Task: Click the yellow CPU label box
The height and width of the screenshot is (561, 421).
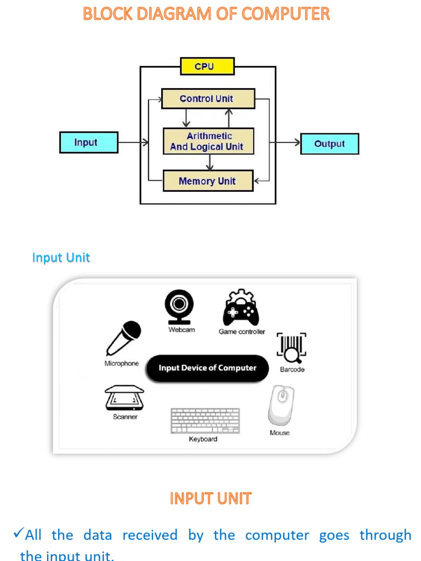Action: (x=207, y=66)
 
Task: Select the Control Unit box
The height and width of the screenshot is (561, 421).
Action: (x=208, y=99)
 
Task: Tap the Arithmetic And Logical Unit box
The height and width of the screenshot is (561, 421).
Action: (x=208, y=141)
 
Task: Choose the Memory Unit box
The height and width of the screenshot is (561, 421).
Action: (x=208, y=181)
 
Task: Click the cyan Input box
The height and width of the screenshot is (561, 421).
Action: (x=88, y=142)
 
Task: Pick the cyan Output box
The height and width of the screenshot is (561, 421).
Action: (x=329, y=144)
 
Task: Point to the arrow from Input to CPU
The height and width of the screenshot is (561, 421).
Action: (x=133, y=142)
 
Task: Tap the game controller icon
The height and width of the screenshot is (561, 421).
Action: (x=241, y=308)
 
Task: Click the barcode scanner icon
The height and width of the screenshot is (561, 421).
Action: (x=292, y=348)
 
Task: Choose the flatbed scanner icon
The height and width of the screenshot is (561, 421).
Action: (x=124, y=398)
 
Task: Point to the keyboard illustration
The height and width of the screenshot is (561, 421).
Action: (x=205, y=421)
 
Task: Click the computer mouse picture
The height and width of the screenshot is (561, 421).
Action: (x=280, y=405)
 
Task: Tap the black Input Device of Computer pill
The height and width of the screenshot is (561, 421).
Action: (x=207, y=368)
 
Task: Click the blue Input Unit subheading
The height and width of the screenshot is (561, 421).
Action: (x=61, y=257)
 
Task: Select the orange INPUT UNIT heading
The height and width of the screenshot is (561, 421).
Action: (x=210, y=499)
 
